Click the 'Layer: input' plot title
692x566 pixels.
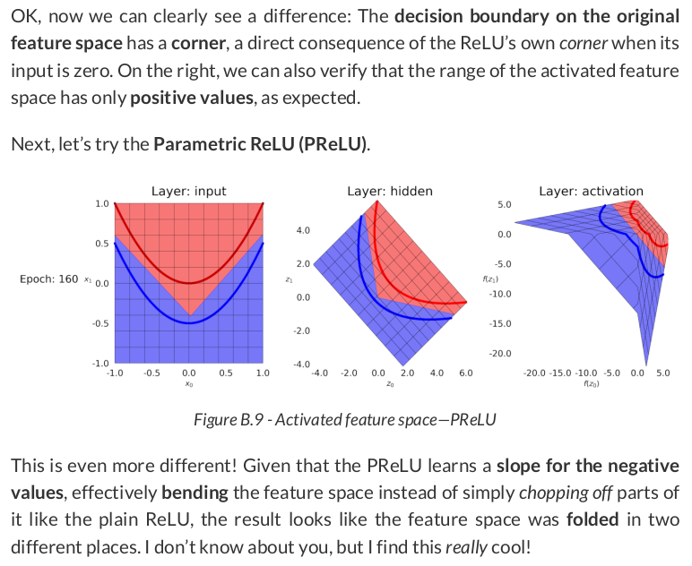188,191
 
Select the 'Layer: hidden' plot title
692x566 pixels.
389,191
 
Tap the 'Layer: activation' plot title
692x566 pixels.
591,191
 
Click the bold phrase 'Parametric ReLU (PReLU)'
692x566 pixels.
261,144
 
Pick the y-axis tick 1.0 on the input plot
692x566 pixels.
101,204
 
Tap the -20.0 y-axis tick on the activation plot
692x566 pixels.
500,354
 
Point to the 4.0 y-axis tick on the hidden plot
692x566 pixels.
303,231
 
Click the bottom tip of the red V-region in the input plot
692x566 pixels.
188,315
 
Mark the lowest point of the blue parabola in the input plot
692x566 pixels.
188,322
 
